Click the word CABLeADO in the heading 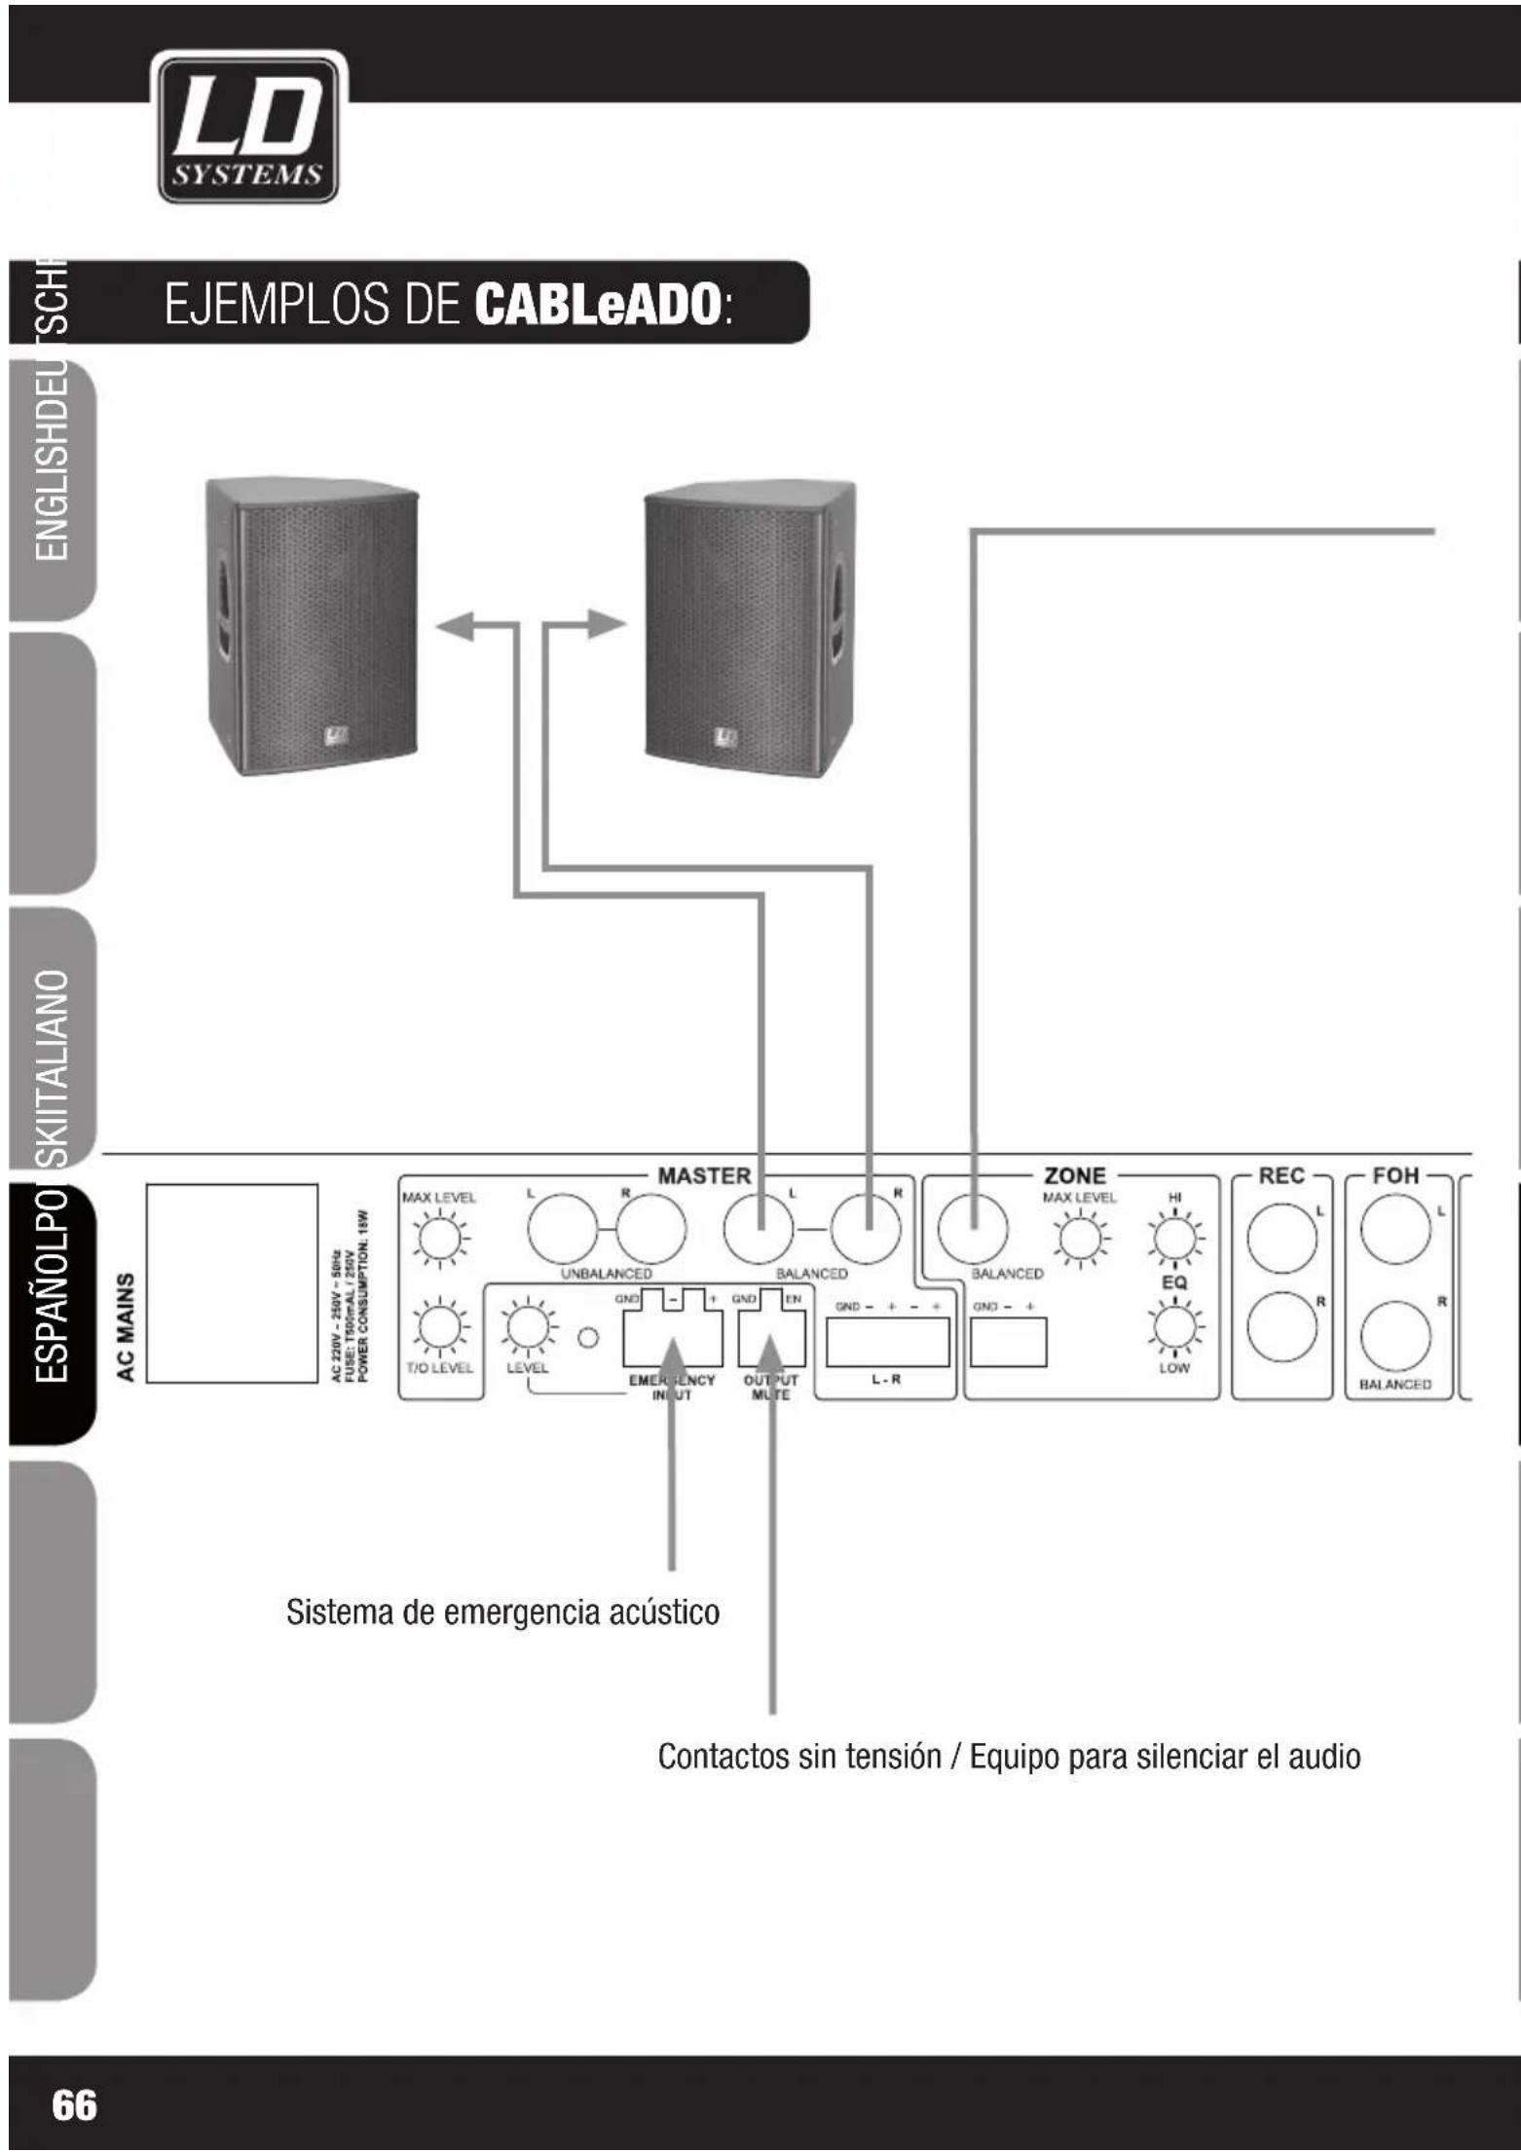pyautogui.click(x=597, y=304)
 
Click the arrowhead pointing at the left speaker pyautogui.click(x=454, y=625)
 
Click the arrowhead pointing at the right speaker pyautogui.click(x=606, y=624)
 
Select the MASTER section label pyautogui.click(x=704, y=1175)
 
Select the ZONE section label pyautogui.click(x=1074, y=1175)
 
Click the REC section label pyautogui.click(x=1280, y=1175)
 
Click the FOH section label pyautogui.click(x=1394, y=1175)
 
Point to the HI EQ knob pyautogui.click(x=1174, y=1239)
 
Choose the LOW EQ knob pyautogui.click(x=1174, y=1326)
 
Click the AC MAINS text pyautogui.click(x=126, y=1326)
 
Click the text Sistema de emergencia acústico pyautogui.click(x=502, y=1612)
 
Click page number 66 pyautogui.click(x=74, y=2104)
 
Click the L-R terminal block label pyautogui.click(x=886, y=1380)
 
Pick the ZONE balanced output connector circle pyautogui.click(x=972, y=1229)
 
